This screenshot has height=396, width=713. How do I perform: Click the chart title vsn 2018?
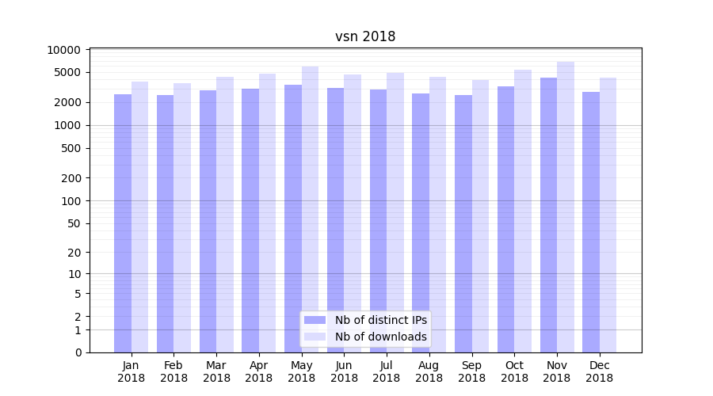coord(365,36)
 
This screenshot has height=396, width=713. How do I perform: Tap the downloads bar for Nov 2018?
coord(566,207)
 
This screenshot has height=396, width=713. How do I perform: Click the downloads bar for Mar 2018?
coord(225,215)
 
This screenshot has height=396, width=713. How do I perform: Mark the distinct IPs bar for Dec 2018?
coord(591,222)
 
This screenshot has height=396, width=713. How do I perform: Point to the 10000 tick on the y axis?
coord(64,50)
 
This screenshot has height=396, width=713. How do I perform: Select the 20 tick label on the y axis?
coord(74,253)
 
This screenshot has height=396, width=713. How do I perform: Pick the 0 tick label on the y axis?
coord(78,352)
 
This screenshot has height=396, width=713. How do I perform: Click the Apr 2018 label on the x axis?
coord(259,371)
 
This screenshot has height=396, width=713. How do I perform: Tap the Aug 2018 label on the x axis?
coord(429,371)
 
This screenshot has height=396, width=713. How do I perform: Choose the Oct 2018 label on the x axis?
coord(514,371)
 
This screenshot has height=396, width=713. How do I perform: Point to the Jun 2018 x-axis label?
coord(344,371)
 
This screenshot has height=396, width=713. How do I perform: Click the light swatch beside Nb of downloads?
coord(315,337)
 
